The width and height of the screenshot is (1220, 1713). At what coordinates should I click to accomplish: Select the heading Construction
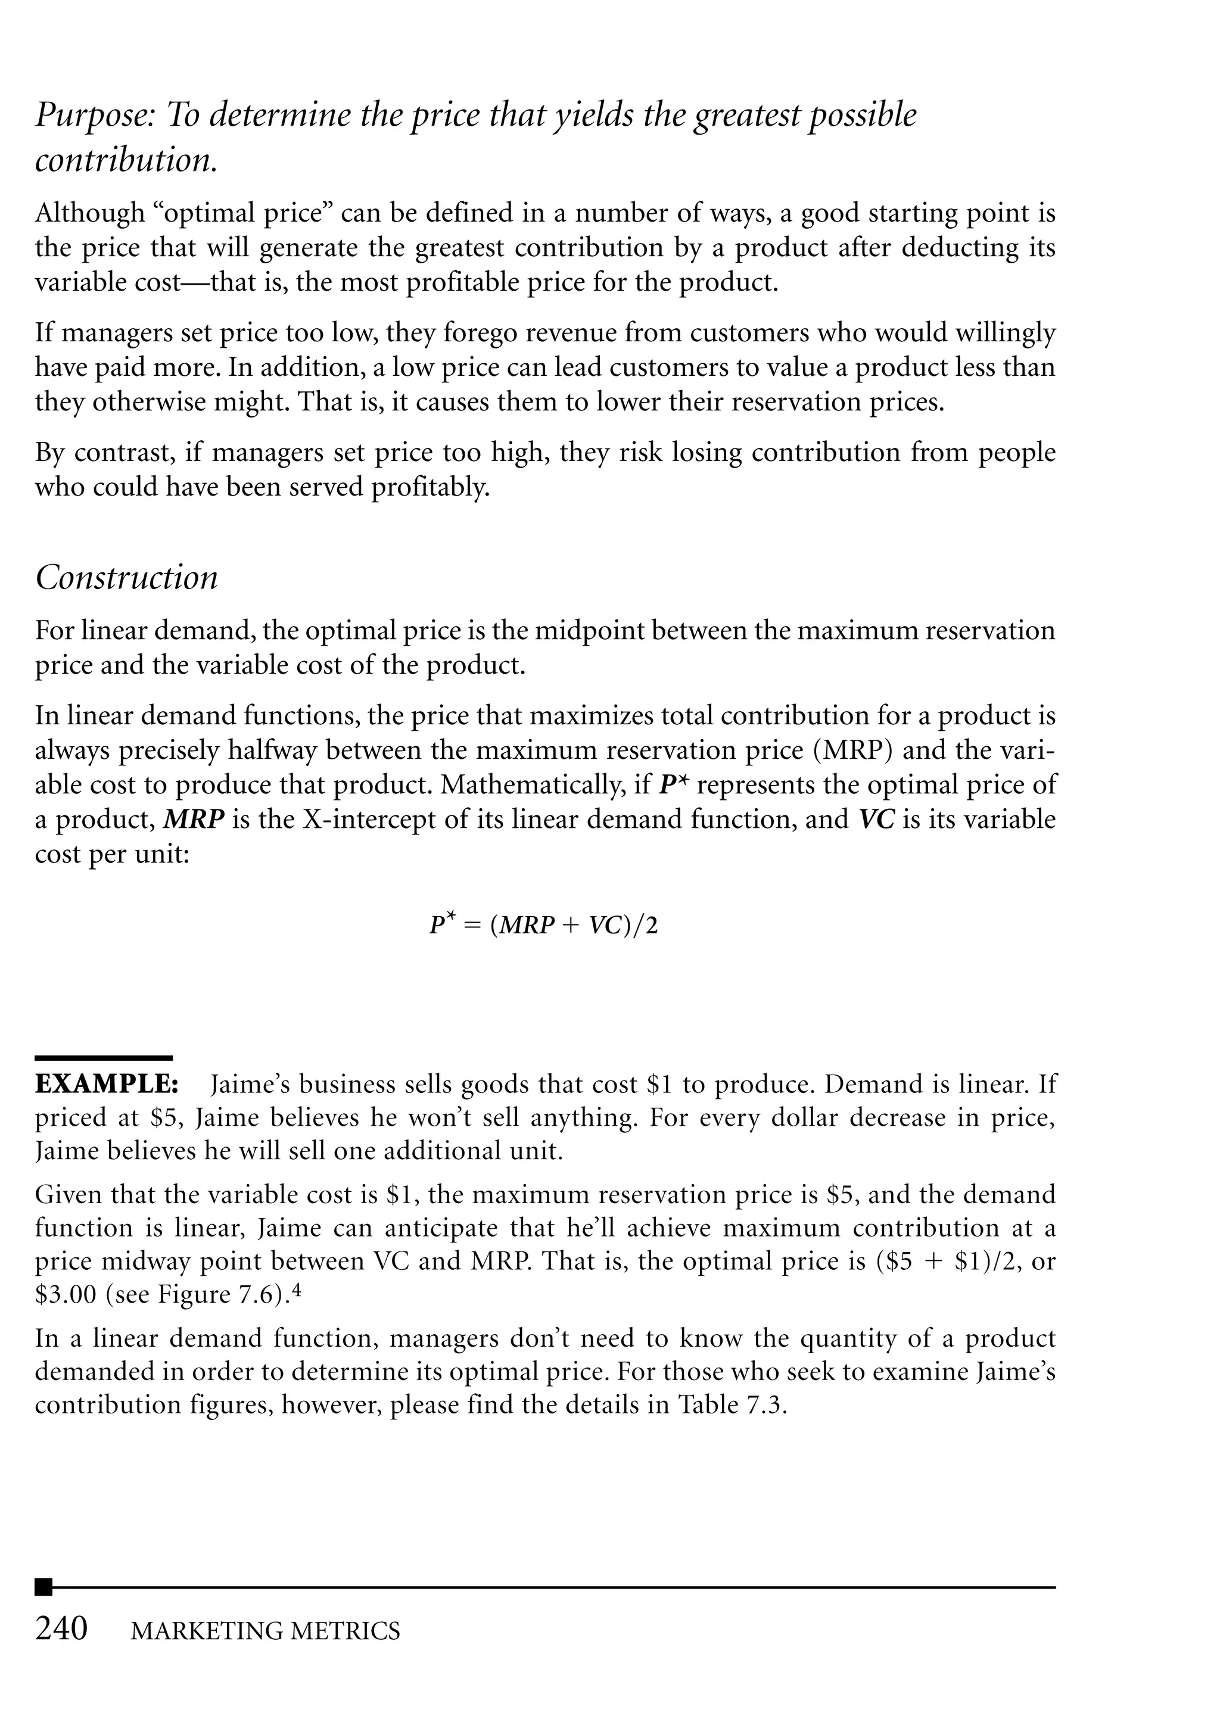(x=126, y=578)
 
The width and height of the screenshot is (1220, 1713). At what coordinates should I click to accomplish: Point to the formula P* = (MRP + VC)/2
(x=543, y=924)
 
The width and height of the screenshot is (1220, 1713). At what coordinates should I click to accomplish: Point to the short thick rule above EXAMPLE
(x=104, y=1057)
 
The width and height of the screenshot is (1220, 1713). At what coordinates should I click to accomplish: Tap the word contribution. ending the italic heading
(x=126, y=161)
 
